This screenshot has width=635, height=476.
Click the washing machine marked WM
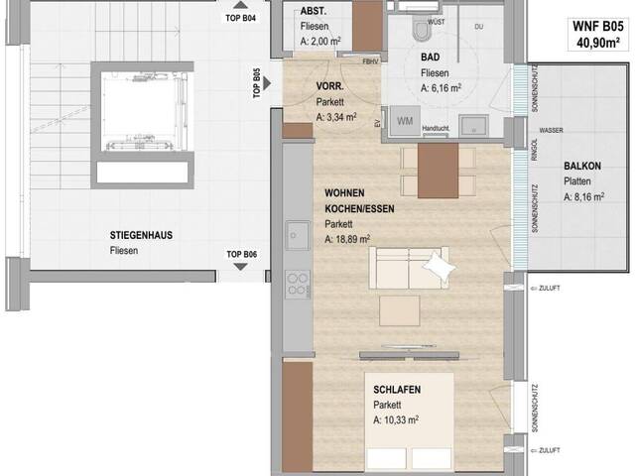tap(404, 122)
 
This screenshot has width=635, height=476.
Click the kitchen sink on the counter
tap(296, 235)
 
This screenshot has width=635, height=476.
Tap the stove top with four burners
tap(297, 285)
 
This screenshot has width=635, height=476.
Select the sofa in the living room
tap(410, 268)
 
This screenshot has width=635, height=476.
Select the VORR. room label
tap(329, 86)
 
